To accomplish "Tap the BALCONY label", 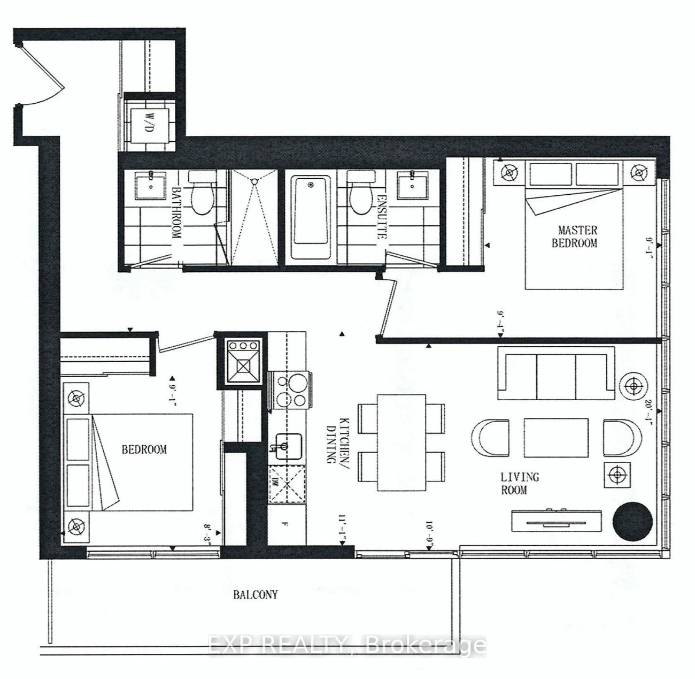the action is click(x=256, y=594).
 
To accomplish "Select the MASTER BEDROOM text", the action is click(x=574, y=236).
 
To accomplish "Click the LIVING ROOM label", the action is click(x=520, y=484).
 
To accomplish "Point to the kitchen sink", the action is click(x=289, y=446).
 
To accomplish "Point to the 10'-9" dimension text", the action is click(x=430, y=537).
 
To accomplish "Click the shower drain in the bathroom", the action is click(x=254, y=181).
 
